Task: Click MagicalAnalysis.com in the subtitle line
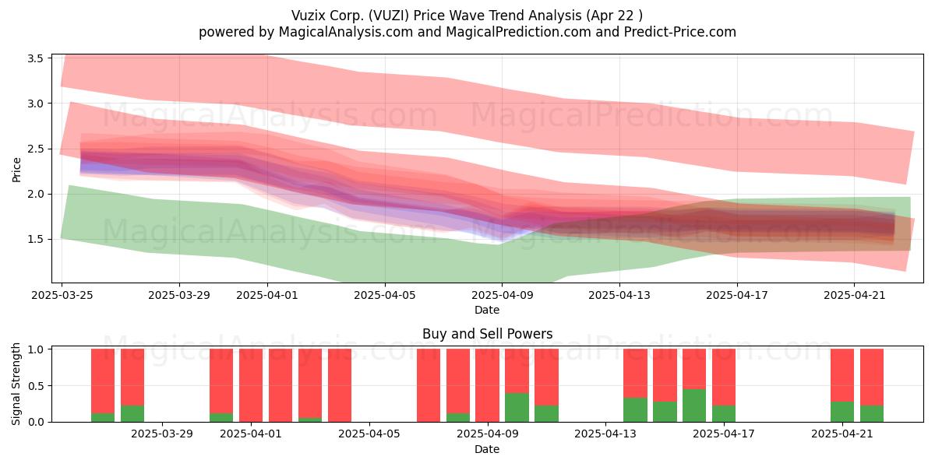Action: pyautogui.click(x=346, y=32)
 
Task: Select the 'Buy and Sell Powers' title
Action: pyautogui.click(x=487, y=334)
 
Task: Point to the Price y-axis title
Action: pyautogui.click(x=16, y=170)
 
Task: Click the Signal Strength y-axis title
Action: pyautogui.click(x=16, y=384)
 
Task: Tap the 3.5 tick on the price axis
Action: pyautogui.click(x=36, y=58)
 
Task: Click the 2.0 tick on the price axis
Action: pyautogui.click(x=36, y=194)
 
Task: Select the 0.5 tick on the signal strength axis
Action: pyautogui.click(x=36, y=386)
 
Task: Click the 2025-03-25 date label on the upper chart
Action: pyautogui.click(x=62, y=295)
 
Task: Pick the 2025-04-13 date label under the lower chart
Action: pyautogui.click(x=605, y=434)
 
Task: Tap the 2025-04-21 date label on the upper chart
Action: pyautogui.click(x=855, y=295)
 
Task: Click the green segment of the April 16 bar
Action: pyautogui.click(x=694, y=406)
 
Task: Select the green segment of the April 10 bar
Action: pyautogui.click(x=517, y=407)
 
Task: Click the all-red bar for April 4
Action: pyautogui.click(x=340, y=385)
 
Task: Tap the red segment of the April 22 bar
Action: pyautogui.click(x=872, y=377)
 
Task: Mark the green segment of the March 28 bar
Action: pyautogui.click(x=132, y=413)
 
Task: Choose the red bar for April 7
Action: pyautogui.click(x=429, y=385)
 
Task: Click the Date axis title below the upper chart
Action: pyautogui.click(x=487, y=310)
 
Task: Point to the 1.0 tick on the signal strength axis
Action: pyautogui.click(x=36, y=349)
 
